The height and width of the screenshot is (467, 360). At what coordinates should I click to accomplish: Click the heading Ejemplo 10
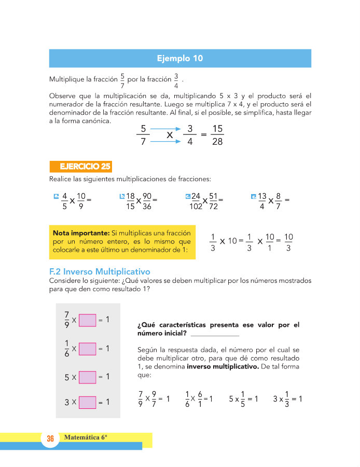(180, 58)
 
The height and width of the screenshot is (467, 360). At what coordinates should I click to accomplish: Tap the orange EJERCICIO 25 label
(81, 167)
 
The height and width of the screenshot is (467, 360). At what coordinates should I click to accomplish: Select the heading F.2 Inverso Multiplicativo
(99, 271)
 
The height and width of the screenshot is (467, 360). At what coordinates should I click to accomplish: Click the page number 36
(50, 439)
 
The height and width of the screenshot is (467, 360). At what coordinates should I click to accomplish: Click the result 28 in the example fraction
(217, 142)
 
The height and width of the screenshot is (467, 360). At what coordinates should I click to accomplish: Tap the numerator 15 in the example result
(217, 128)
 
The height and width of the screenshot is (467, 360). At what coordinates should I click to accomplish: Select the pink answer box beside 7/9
(87, 320)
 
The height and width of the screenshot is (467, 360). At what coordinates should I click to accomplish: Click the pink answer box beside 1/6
(87, 349)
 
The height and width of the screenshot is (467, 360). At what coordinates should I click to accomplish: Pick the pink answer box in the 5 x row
(87, 377)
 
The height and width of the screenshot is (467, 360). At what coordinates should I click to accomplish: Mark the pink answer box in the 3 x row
(87, 402)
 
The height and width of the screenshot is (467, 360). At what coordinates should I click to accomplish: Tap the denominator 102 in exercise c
(196, 206)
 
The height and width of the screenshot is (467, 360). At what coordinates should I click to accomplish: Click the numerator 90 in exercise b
(147, 196)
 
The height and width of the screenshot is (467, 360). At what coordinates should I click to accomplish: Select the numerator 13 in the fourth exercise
(262, 196)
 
